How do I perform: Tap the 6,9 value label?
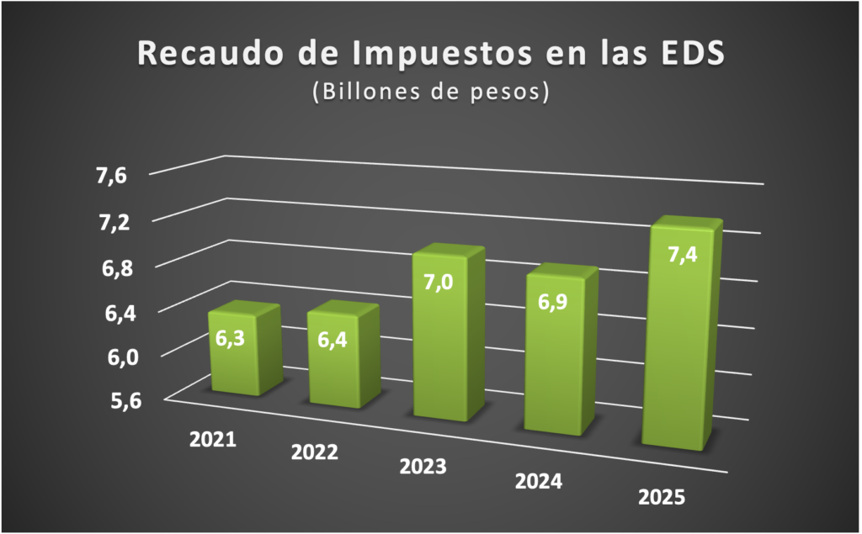[x=551, y=302]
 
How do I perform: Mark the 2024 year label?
[x=539, y=482]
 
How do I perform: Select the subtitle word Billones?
[x=364, y=93]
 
